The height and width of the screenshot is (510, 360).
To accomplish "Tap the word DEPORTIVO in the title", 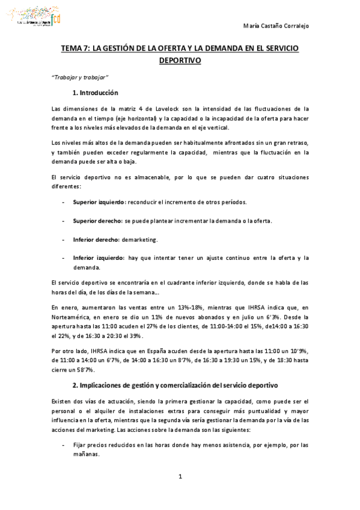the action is click(180, 60).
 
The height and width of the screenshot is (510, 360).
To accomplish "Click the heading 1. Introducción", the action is click(95, 93).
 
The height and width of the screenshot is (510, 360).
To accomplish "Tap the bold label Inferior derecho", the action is click(95, 239).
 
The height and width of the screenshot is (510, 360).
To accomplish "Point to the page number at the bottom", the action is click(180, 477).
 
